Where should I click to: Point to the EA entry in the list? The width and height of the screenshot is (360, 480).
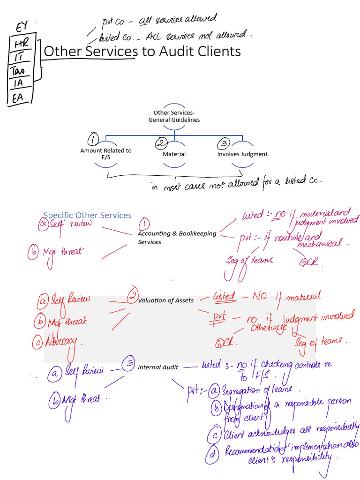tap(17, 98)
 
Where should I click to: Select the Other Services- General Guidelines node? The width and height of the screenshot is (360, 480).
tap(174, 116)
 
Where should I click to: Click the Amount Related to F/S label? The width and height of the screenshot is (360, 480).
tap(105, 154)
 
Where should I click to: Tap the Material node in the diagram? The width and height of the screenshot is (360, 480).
tap(174, 154)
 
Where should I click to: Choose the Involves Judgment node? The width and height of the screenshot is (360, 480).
tap(242, 154)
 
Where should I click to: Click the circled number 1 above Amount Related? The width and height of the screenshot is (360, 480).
tap(94, 139)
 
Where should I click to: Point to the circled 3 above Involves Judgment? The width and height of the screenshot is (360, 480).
tap(224, 143)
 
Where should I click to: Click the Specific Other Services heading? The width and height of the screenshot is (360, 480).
tap(88, 215)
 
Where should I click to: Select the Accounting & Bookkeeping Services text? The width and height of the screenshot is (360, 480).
tap(176, 238)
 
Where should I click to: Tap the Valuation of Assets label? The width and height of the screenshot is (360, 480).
tap(165, 300)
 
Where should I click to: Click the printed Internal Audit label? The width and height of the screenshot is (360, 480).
tap(157, 367)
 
